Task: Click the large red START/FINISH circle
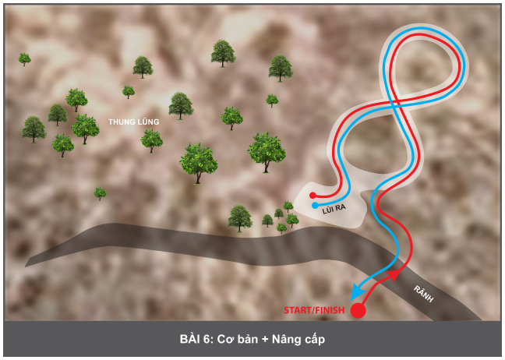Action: tap(358, 310)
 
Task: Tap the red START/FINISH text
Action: tap(314, 310)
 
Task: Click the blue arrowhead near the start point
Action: tap(356, 291)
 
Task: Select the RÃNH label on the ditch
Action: tap(423, 294)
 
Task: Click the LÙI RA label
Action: tap(334, 209)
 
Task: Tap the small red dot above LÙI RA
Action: tap(313, 195)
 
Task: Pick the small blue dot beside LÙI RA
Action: tap(315, 206)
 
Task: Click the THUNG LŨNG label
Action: tap(134, 122)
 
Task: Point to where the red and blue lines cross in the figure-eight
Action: tap(395, 102)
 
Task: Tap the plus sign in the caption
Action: tap(265, 340)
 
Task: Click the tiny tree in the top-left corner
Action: tap(24, 59)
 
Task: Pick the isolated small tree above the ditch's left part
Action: tap(100, 193)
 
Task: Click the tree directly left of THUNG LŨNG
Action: tap(85, 129)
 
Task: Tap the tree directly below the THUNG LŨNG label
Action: tap(151, 141)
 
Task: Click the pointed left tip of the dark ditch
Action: tap(26, 266)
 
